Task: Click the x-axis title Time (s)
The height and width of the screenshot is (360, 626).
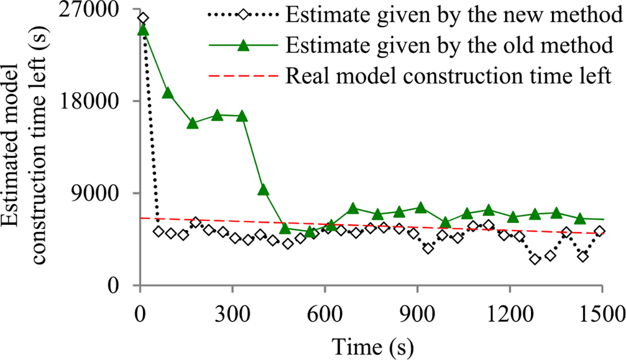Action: point(370,344)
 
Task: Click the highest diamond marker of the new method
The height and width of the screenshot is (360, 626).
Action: point(143,18)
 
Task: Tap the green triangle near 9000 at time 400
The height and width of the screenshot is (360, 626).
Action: point(263,190)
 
